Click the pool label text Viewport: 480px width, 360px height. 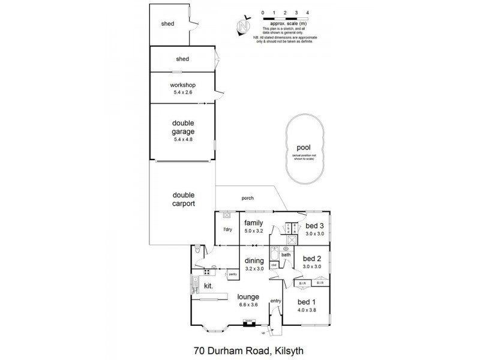pyautogui.click(x=303, y=148)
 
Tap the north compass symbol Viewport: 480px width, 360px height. pyautogui.click(x=242, y=26)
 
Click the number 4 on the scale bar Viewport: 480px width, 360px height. pyautogui.click(x=308, y=12)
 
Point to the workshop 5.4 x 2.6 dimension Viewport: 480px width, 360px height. pyautogui.click(x=183, y=92)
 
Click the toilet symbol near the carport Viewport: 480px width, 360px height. pyautogui.click(x=197, y=250)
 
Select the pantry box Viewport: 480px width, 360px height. pyautogui.click(x=232, y=275)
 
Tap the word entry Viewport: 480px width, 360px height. pyautogui.click(x=275, y=301)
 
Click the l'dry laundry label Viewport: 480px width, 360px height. pyautogui.click(x=228, y=230)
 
